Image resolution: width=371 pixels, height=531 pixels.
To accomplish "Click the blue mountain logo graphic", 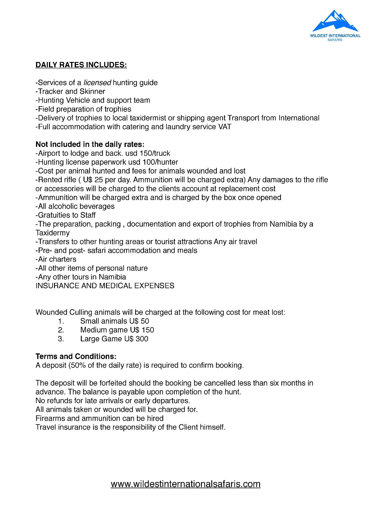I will click(335, 21).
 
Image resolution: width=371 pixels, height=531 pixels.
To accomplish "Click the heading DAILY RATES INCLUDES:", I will click(81, 65).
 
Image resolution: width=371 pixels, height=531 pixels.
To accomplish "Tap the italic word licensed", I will click(97, 83).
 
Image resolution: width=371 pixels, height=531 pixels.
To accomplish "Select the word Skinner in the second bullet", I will click(92, 91).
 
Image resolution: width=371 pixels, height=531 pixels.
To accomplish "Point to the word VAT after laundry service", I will click(225, 127).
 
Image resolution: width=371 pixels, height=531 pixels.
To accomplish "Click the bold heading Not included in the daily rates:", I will click(90, 145).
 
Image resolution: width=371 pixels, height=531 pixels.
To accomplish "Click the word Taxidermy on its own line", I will click(53, 233).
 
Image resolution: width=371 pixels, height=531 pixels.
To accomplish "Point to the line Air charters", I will click(56, 260).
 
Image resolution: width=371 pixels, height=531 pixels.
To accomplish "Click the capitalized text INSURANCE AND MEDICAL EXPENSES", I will click(105, 286).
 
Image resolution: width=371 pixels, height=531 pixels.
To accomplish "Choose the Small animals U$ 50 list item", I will click(115, 321).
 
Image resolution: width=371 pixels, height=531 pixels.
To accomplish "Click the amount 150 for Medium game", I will click(148, 330).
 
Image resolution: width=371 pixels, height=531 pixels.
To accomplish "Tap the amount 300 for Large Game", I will click(142, 339).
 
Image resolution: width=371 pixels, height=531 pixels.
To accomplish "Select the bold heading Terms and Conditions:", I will click(76, 356).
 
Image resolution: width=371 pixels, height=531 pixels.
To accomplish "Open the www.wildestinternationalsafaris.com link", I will click(186, 484).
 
